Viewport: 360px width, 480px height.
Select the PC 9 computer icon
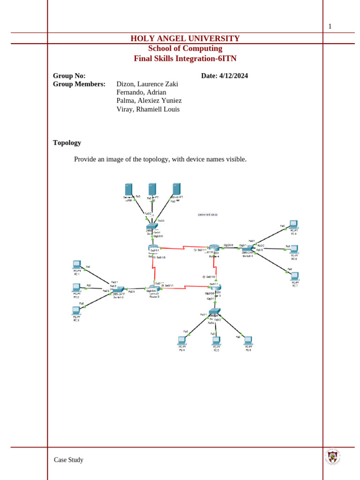pyautogui.click(x=293, y=225)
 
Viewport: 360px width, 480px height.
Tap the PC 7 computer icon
pyautogui.click(x=294, y=276)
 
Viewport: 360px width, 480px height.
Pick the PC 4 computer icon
pyautogui.click(x=182, y=340)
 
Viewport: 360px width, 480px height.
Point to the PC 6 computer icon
pyautogui.click(x=248, y=340)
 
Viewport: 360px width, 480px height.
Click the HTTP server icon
pyautogui.click(x=129, y=190)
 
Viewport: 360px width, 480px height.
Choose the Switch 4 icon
pyautogui.click(x=247, y=248)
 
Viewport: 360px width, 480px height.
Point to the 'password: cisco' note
pyautogui.click(x=208, y=215)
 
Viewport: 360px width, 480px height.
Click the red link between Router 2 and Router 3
pyautogui.click(x=185, y=287)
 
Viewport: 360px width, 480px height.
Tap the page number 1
pyautogui.click(x=330, y=26)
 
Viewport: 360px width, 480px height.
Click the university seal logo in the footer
pyautogui.click(x=332, y=457)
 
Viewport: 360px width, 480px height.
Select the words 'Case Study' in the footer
pyautogui.click(x=68, y=460)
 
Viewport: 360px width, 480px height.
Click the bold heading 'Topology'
pyautogui.click(x=67, y=142)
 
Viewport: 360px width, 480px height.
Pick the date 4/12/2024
pyautogui.click(x=233, y=76)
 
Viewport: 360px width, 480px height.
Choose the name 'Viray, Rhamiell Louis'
pyautogui.click(x=148, y=109)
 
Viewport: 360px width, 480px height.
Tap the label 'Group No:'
pyautogui.click(x=69, y=76)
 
